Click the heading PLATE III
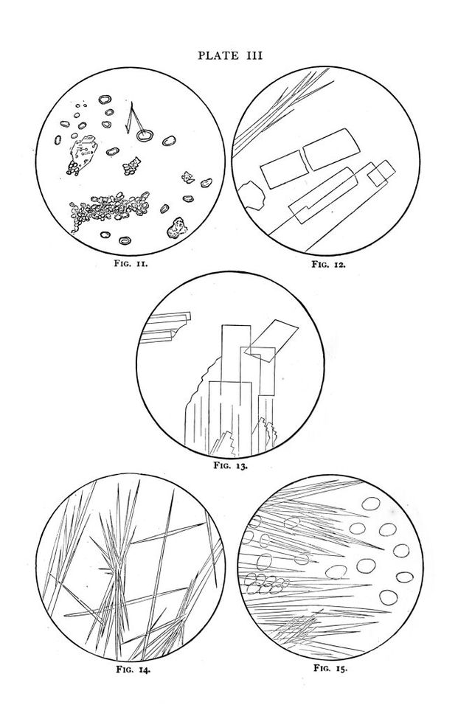coord(230,56)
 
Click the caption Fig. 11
coord(131,263)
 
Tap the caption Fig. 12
coord(328,264)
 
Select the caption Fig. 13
coord(231,466)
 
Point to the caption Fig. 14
coord(133,670)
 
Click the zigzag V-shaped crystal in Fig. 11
coord(133,118)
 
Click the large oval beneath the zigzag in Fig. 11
coord(145,135)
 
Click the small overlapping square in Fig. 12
coord(381,173)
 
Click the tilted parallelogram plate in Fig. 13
coord(271,341)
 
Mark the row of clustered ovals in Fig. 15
coord(267,585)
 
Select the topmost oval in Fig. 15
coord(371,504)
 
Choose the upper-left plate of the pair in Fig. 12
coord(283,169)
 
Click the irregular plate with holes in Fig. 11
coord(85,152)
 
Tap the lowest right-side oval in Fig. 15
coord(389,597)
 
